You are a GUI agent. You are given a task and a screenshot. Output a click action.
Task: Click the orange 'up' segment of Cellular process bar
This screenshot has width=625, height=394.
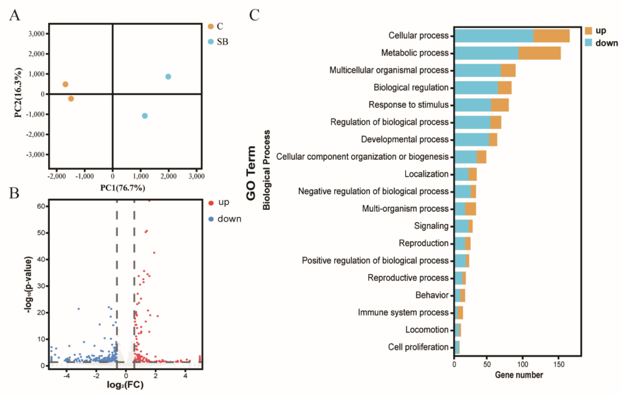[551, 35]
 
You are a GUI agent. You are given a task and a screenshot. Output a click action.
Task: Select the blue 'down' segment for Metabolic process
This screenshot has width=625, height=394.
[486, 53]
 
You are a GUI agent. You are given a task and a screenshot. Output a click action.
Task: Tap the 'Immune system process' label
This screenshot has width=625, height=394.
[403, 313]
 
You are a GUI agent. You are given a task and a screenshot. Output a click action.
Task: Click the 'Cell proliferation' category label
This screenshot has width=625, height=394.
[418, 347]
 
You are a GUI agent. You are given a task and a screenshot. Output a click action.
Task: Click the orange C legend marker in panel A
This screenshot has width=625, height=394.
[211, 27]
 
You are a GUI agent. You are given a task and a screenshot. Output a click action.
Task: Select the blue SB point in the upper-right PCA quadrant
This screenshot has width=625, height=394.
[168, 77]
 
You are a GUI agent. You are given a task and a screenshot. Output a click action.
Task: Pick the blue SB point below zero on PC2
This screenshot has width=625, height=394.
[145, 116]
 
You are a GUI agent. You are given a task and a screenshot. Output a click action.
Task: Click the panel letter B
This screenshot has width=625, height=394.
[14, 193]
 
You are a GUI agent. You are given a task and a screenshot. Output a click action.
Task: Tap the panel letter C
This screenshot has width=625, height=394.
[254, 15]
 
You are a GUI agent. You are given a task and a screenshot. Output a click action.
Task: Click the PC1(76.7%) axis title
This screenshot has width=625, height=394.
[123, 188]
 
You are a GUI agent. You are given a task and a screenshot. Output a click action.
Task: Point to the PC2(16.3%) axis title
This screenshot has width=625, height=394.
[18, 93]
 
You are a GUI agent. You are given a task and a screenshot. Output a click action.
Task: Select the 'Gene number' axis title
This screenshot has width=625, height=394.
[519, 375]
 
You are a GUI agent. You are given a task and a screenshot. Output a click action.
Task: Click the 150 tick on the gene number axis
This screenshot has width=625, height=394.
[558, 365]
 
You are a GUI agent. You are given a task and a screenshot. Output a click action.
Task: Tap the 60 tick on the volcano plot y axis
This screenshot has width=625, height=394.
[41, 206]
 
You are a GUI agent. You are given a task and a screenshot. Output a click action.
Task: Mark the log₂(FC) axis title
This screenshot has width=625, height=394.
[125, 385]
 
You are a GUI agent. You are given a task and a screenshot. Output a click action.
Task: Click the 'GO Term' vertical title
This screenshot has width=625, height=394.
[251, 173]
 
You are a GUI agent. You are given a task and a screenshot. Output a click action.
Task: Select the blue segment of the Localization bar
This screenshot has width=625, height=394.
[461, 174]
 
